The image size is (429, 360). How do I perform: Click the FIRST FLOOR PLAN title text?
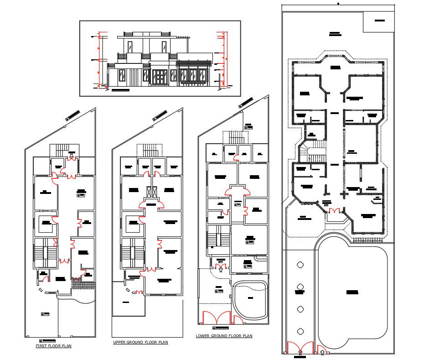53,346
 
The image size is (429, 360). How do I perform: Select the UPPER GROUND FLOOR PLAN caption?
140,342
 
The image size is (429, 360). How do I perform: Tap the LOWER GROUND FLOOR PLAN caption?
224,336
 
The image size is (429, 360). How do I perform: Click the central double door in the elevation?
160,77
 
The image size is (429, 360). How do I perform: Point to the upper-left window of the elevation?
130,46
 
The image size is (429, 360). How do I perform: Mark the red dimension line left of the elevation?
99,59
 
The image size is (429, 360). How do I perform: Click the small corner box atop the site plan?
378,21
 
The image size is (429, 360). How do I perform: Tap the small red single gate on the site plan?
322,350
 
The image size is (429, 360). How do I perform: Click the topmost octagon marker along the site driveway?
300,264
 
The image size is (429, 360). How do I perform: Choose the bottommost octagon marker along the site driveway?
300,331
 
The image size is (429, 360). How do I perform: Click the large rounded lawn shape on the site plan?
352,292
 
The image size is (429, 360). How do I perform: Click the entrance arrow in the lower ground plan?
221,270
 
